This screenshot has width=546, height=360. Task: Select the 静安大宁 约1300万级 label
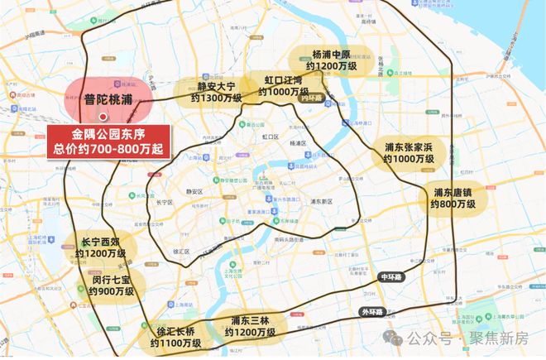[216, 91]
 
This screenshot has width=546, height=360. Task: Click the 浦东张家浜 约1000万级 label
[414, 153]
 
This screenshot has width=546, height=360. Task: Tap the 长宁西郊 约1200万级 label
[98, 247]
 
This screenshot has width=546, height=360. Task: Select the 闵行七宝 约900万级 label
[112, 284]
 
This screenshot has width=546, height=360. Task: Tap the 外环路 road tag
[373, 312]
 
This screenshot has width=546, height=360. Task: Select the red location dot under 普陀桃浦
[103, 116]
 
